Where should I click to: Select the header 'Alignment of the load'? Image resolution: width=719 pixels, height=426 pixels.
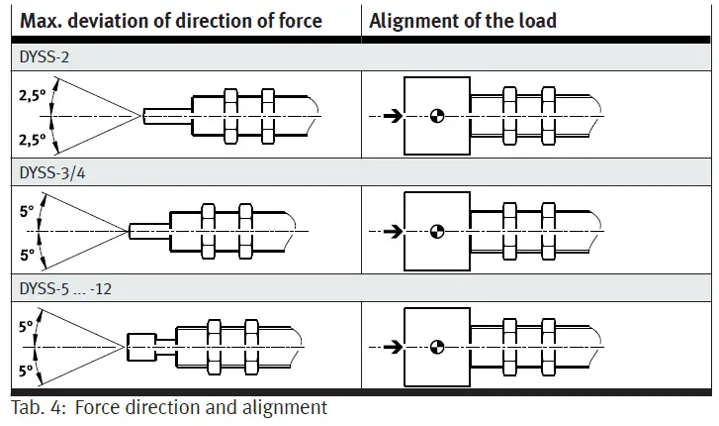(463, 21)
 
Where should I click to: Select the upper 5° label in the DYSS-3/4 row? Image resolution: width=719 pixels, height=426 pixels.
(27, 210)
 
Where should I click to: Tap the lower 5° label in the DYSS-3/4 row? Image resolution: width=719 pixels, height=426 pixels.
(27, 255)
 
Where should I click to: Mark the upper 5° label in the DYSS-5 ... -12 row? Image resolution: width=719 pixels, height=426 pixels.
(27, 324)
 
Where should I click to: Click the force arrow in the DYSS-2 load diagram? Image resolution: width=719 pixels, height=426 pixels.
(393, 116)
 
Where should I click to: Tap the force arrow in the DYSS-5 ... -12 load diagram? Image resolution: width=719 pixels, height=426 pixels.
(393, 346)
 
